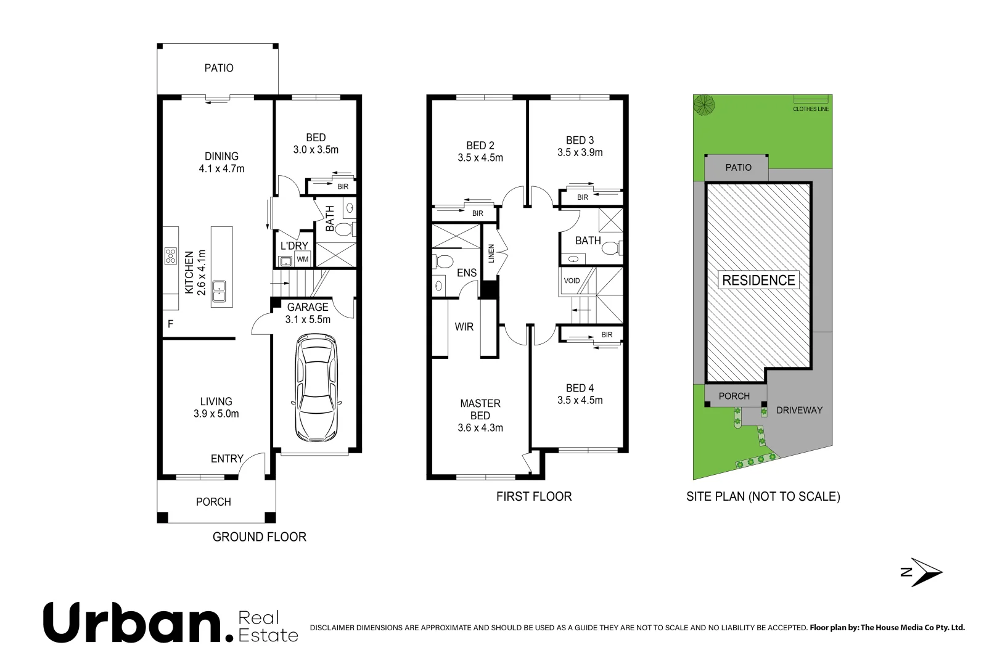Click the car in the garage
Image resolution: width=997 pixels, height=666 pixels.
[316, 388]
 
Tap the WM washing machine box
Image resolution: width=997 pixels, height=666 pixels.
[302, 259]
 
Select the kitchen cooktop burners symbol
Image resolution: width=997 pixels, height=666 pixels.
[170, 255]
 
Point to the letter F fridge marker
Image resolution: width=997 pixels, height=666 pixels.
[170, 324]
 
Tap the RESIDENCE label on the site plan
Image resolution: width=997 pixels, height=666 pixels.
[758, 280]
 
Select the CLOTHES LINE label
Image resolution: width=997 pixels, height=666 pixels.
[811, 109]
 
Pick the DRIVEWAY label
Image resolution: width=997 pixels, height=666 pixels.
[799, 410]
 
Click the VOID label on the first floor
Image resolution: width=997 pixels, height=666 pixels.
[572, 281]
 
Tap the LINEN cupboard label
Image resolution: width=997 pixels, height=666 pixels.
[491, 253]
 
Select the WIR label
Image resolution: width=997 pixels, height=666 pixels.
[464, 327]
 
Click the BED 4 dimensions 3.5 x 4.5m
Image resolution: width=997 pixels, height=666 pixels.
[580, 400]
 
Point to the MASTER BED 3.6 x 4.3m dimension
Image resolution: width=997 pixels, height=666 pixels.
[480, 428]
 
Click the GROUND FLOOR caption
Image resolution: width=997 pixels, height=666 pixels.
[260, 537]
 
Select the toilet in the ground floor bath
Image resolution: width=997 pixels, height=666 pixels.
[345, 229]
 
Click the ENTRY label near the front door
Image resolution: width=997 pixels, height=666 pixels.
[227, 459]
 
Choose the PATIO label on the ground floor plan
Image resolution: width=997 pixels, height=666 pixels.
[218, 68]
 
